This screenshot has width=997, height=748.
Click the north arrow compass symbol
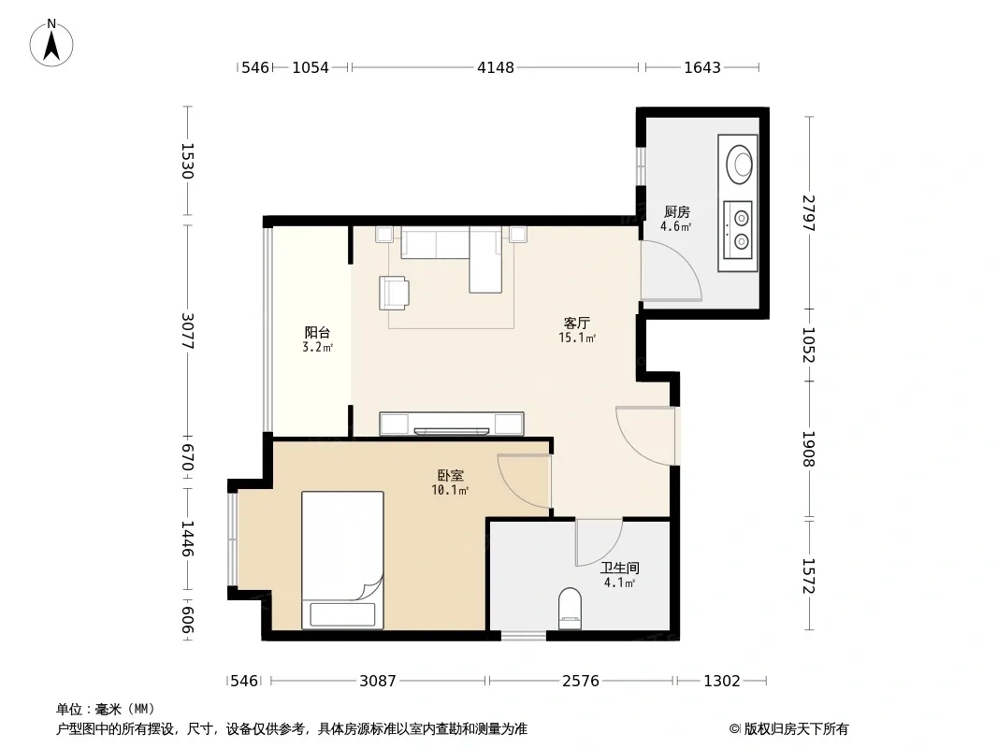[x=51, y=43]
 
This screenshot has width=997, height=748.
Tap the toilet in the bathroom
[x=570, y=608]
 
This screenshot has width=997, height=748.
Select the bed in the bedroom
[x=342, y=560]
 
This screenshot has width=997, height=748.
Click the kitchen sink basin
[x=739, y=165]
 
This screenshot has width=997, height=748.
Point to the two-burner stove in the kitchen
[x=738, y=230]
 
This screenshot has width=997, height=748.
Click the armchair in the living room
[x=395, y=293]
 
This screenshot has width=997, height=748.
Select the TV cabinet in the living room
[x=452, y=424]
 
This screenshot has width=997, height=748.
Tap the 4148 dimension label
[x=496, y=67]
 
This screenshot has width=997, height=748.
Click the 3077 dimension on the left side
[x=188, y=330]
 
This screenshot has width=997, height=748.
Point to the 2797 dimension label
[x=808, y=213]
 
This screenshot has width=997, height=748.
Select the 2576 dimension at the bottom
[x=581, y=682]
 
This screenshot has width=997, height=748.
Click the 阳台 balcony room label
[x=317, y=332]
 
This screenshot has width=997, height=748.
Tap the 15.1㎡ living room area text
[x=577, y=338]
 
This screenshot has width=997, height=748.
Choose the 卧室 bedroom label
[x=451, y=475]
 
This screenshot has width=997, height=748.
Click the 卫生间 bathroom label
[x=620, y=568]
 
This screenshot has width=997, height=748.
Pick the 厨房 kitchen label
[x=676, y=211]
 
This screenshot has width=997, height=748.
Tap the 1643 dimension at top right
[x=702, y=67]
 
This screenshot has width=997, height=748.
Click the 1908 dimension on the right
[x=808, y=449]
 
